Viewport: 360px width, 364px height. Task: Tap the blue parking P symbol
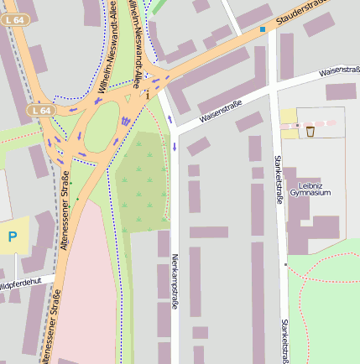(13, 237)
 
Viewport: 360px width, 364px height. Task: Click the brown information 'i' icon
(148, 95)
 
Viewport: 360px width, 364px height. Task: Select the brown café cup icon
(310, 131)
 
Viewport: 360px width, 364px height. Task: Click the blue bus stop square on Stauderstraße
(262, 29)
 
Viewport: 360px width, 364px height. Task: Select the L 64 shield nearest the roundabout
(39, 111)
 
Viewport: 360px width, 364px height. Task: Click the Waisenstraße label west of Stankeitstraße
(221, 112)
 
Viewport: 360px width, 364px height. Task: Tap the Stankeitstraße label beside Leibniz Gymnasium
(278, 175)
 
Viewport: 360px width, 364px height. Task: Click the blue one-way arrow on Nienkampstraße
(175, 146)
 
